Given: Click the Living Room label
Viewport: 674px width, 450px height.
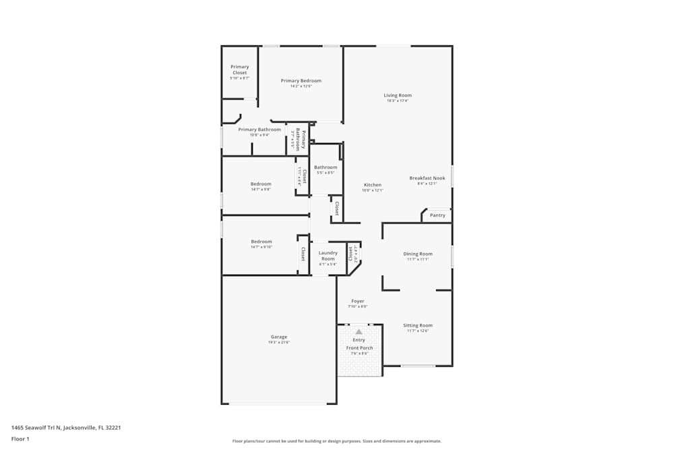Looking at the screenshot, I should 398,95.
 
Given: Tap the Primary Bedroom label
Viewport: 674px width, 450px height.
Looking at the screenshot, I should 301,80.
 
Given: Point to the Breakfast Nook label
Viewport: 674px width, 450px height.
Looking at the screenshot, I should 427,178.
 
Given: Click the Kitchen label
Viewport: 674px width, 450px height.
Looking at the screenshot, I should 373,185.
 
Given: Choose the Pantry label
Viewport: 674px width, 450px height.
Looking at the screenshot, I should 437,215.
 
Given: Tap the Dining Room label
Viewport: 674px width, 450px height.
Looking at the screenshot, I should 418,254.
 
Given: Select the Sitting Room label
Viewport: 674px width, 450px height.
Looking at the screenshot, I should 418,325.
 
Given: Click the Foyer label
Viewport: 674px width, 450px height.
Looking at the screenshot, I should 357,301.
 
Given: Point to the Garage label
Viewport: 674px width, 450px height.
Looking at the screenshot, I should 279,337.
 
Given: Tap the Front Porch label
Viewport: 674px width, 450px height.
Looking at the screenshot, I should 359,347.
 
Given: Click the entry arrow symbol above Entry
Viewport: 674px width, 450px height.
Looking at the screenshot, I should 359,332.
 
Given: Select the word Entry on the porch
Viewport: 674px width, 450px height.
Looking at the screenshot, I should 359,340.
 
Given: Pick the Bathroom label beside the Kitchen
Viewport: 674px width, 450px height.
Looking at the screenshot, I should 326,167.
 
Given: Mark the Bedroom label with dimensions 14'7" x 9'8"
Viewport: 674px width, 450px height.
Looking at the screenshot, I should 262,184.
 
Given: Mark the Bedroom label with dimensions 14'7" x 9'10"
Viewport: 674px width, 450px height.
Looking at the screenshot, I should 262,242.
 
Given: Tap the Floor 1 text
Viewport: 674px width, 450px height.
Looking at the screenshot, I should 21,439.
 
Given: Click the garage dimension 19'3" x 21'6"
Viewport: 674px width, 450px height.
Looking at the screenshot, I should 279,343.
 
